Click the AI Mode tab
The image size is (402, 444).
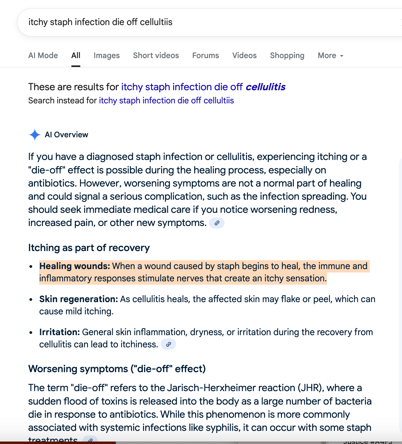(43, 55)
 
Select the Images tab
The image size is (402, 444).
(107, 55)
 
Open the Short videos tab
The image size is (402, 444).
(156, 55)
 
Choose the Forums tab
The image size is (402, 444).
(206, 55)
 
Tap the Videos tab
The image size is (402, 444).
(244, 55)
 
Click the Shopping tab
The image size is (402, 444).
(287, 55)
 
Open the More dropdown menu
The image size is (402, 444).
(330, 55)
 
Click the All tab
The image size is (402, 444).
(76, 55)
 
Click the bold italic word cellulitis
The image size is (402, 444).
(265, 87)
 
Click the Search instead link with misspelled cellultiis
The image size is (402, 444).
(166, 101)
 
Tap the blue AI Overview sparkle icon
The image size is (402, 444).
(35, 135)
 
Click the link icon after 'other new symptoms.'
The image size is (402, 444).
(217, 223)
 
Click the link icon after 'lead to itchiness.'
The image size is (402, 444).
(168, 344)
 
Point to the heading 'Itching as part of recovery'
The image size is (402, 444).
(89, 248)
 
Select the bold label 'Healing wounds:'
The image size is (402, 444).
(74, 266)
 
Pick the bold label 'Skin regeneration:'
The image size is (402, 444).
(78, 299)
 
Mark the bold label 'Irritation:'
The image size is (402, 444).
(59, 332)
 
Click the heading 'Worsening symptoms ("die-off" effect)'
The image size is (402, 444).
(117, 369)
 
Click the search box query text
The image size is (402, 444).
(100, 22)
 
